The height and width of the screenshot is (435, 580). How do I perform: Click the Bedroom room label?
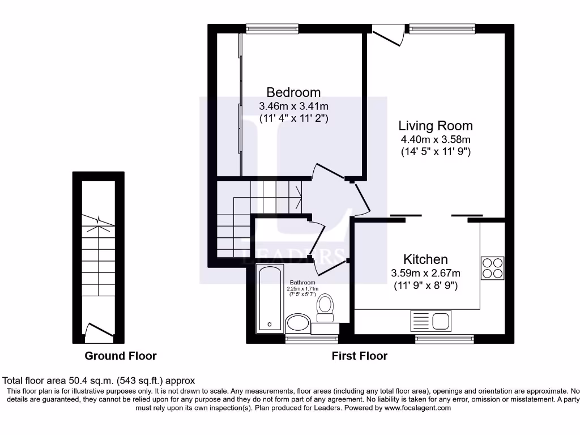293,92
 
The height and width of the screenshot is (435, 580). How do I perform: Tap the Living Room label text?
435,126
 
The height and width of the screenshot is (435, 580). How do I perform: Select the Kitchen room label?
425,259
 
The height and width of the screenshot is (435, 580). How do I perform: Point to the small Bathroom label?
302,283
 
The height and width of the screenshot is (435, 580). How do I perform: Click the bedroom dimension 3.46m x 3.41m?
293,106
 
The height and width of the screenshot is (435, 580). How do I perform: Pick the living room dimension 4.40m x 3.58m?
435,139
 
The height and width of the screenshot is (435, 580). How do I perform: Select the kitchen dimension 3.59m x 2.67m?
425,273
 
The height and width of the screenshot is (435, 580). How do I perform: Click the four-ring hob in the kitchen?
492,268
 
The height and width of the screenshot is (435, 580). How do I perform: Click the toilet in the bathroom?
325,306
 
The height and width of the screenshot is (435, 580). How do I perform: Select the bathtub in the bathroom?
269,299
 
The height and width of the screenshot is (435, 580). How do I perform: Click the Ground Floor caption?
120,356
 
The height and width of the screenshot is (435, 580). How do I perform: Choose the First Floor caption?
360,356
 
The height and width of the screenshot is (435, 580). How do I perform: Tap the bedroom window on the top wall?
272,27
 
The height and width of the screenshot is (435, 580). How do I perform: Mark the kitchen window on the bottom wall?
445,339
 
